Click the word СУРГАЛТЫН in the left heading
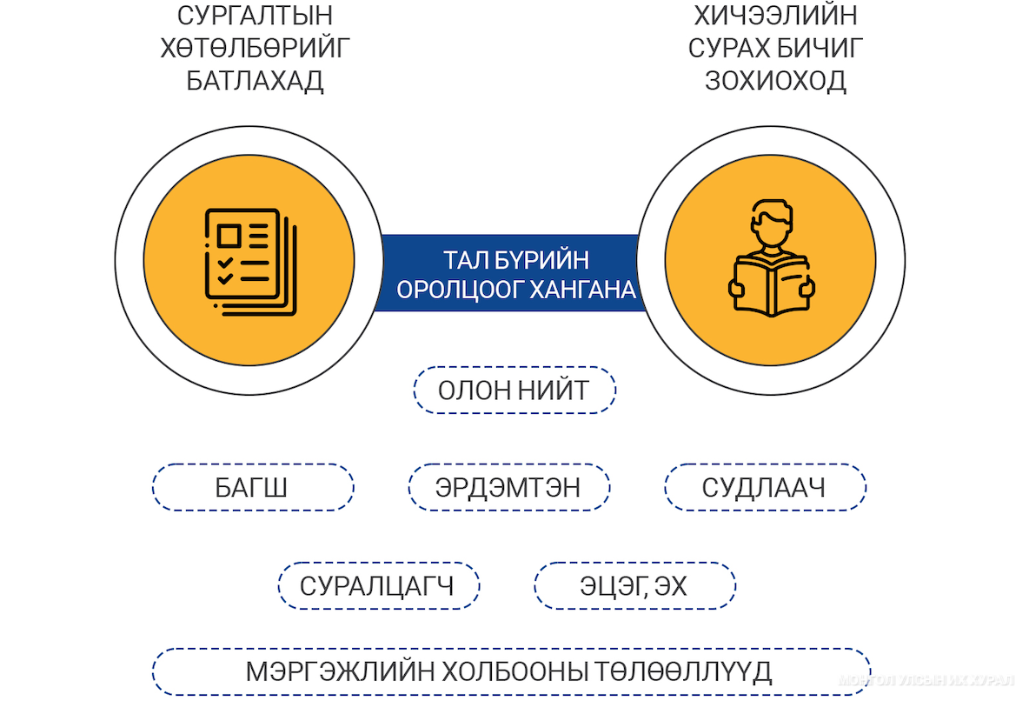pyautogui.click(x=255, y=15)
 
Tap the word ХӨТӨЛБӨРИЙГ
pyautogui.click(x=255, y=48)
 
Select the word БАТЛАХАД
pyautogui.click(x=255, y=81)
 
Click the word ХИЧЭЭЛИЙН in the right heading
pyautogui.click(x=775, y=15)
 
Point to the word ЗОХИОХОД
pyautogui.click(x=775, y=81)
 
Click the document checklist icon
pyautogui.click(x=250, y=262)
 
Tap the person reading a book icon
pyautogui.click(x=771, y=258)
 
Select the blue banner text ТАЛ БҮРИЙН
pyautogui.click(x=516, y=260)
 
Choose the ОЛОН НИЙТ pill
pyautogui.click(x=514, y=391)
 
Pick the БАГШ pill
pyautogui.click(x=253, y=487)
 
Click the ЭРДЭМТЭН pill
pyautogui.click(x=509, y=487)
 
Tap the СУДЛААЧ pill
pyautogui.click(x=765, y=487)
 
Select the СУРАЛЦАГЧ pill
pyautogui.click(x=379, y=585)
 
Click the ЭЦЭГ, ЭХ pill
pyautogui.click(x=634, y=585)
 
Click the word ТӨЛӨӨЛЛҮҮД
pyautogui.click(x=683, y=672)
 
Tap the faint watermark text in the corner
pyautogui.click(x=926, y=681)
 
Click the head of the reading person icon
pyautogui.click(x=772, y=222)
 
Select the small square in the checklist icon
pyautogui.click(x=229, y=235)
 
